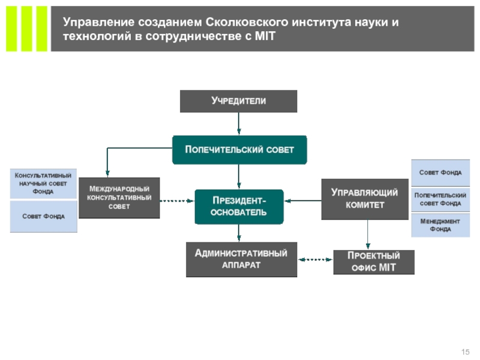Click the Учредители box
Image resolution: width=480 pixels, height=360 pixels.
(x=238, y=101)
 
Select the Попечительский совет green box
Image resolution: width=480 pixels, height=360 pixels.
(x=239, y=149)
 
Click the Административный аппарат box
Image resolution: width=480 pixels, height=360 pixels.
(x=241, y=259)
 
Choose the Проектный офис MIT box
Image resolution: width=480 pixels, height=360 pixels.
(x=373, y=262)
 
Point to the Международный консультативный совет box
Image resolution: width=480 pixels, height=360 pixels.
(x=119, y=197)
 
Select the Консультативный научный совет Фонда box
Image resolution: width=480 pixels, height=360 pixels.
(x=43, y=183)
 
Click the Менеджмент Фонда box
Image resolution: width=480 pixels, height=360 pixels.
(x=440, y=225)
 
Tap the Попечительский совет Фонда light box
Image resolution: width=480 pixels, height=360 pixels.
(x=440, y=199)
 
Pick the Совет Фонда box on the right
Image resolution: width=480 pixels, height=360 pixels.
(x=440, y=173)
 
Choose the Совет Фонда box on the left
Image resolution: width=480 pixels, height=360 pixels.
(x=43, y=216)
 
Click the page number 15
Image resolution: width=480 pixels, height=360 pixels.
(x=464, y=351)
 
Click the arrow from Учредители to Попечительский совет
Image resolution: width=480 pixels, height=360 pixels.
(x=239, y=123)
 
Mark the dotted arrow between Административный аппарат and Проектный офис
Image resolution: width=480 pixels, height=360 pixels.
(x=315, y=260)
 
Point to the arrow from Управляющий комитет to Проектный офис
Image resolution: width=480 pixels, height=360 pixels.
(x=368, y=235)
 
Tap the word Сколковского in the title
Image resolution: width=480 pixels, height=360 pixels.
(x=248, y=23)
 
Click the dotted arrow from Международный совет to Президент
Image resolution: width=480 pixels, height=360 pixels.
(x=177, y=200)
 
